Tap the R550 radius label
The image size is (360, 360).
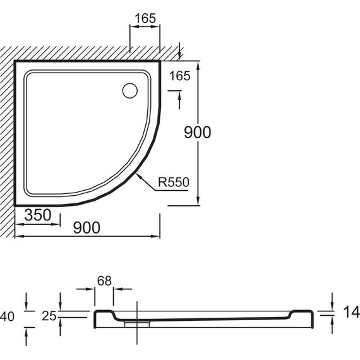(x=174, y=182)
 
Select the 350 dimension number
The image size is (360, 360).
(x=38, y=215)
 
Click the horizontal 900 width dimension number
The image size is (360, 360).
(x=87, y=227)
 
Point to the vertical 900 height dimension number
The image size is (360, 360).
(x=198, y=132)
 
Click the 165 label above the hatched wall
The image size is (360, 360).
(x=145, y=18)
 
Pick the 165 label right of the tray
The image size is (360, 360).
(x=180, y=76)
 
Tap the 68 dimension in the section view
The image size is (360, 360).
(x=104, y=280)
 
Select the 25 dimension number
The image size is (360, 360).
(x=49, y=316)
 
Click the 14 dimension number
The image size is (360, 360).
(x=351, y=312)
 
